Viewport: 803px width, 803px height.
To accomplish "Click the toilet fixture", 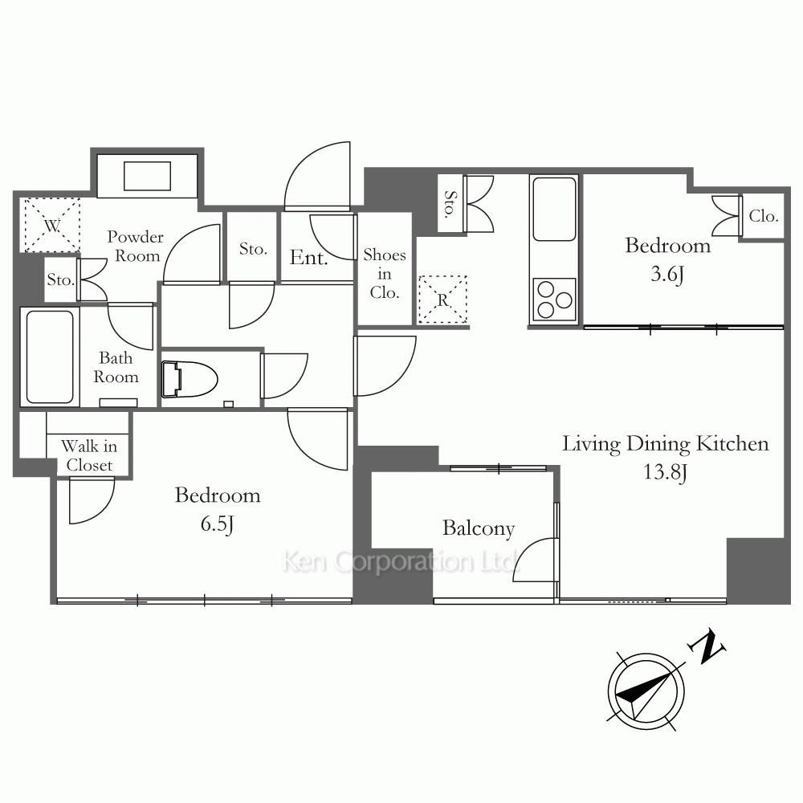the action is (189, 380).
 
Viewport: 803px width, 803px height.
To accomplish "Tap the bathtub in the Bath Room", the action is (50, 357).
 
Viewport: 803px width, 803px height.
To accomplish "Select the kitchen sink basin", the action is (554, 209).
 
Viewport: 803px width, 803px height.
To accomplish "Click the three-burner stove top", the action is (554, 300).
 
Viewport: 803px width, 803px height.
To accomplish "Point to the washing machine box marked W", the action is (52, 226).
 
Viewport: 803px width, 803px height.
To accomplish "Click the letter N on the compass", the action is (708, 646).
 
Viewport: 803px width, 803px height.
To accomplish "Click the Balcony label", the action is (479, 528).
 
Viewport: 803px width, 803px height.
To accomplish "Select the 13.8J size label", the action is (665, 471).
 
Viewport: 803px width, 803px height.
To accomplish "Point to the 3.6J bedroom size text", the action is (667, 275).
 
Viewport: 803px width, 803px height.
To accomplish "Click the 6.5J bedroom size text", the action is (217, 524).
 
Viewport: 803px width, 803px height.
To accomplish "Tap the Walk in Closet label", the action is (89, 455).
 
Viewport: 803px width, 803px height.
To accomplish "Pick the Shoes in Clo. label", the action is (385, 274).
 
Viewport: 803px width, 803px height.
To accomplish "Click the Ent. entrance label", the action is (309, 257).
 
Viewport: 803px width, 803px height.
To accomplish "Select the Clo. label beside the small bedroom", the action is (764, 216).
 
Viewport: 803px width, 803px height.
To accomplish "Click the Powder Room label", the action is (135, 246).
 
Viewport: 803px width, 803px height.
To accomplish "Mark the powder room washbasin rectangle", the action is (147, 176).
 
